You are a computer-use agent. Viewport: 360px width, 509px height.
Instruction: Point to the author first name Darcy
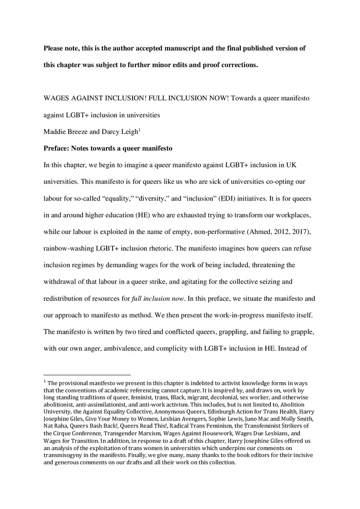click(106, 132)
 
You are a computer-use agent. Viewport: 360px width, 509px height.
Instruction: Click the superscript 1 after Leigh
click(139, 130)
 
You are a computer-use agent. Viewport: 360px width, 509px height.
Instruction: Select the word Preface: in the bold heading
click(59, 149)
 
